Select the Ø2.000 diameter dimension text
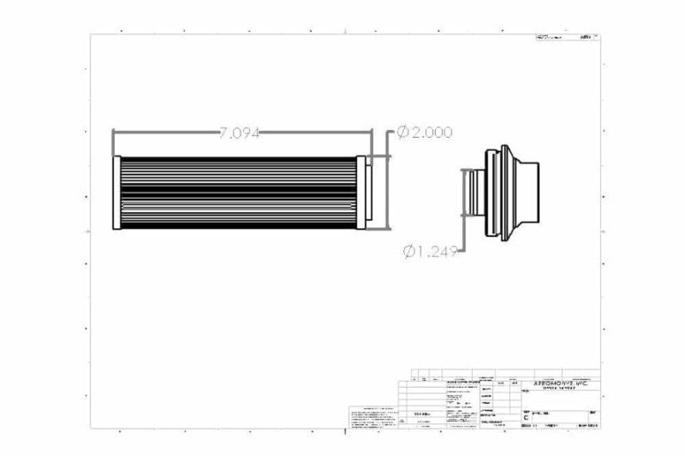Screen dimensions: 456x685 coord(425,133)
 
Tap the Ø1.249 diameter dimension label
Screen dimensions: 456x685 coord(430,253)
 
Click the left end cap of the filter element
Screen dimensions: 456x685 coord(117,194)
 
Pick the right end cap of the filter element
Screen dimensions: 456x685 coord(361,194)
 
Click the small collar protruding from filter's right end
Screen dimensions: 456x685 coord(370,194)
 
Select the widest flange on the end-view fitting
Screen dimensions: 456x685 coord(505,194)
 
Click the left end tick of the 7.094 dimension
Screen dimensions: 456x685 coord(114,140)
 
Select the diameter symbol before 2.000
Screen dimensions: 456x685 coord(403,133)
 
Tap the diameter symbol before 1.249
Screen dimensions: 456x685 coord(409,253)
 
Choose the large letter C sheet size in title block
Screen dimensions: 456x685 coord(525,415)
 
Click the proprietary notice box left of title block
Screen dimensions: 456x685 coord(373,416)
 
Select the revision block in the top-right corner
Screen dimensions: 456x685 coord(566,37)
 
